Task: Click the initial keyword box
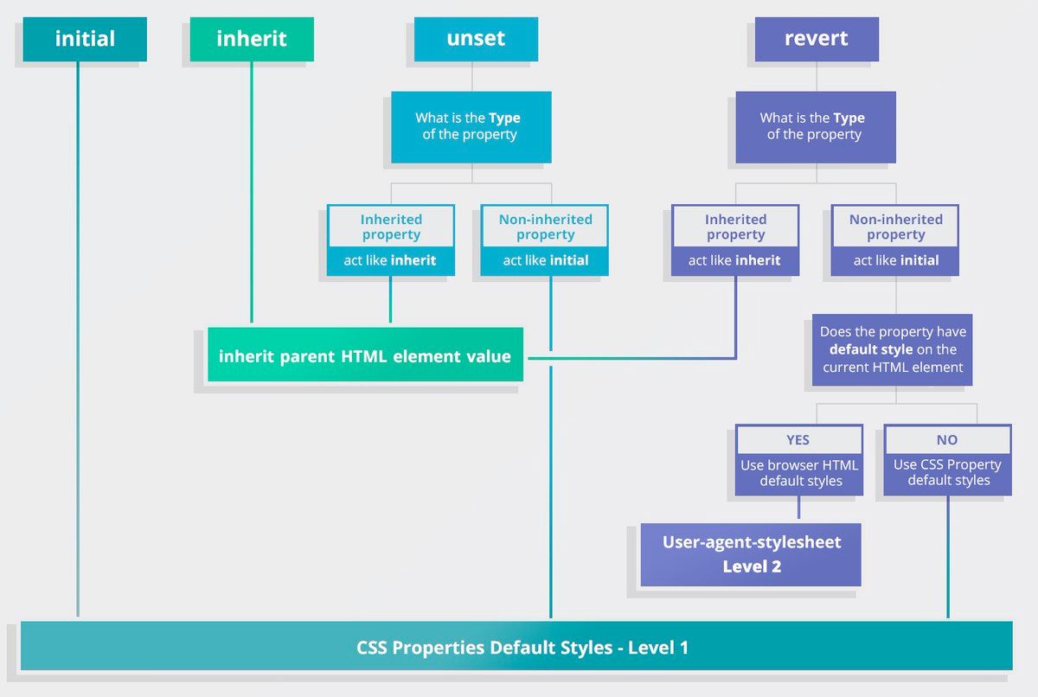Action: coord(85,39)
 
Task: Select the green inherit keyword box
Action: coord(252,39)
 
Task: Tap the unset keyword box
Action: coord(476,39)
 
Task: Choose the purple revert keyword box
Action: coord(817,39)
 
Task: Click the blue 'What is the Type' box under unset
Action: coord(471,126)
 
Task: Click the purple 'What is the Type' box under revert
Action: coord(815,126)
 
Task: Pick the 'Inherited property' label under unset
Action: coord(391,227)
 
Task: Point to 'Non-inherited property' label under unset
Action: coord(545,227)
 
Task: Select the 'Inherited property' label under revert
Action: coord(735,227)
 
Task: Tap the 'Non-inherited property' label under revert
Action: coord(895,227)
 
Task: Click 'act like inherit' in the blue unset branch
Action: coord(390,260)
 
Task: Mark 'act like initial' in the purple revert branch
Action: coord(895,260)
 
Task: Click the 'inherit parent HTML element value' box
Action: coord(365,355)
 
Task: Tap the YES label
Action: coord(798,439)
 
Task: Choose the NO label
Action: coord(947,439)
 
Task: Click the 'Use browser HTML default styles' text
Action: coord(799,473)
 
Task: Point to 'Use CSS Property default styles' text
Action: coord(947,473)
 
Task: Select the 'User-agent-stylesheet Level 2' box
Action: coord(751,554)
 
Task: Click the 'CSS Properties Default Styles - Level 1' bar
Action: coord(516,647)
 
